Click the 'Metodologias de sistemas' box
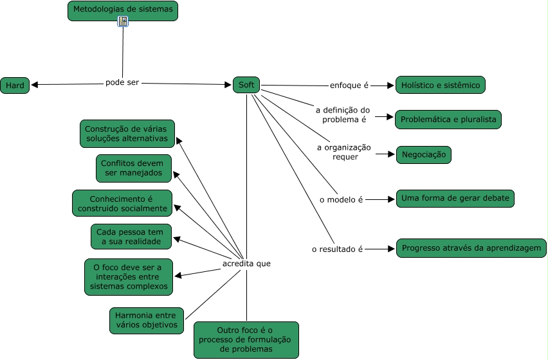point(122,10)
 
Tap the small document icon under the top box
point(123,22)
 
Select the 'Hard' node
point(15,85)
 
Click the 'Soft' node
point(246,85)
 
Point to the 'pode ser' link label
point(122,82)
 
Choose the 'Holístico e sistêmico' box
point(441,85)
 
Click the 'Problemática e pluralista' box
point(448,120)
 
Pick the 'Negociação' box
point(423,155)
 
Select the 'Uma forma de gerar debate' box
point(455,199)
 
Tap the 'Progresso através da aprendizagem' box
point(471,248)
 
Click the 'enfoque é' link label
point(349,85)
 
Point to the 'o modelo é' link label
point(342,200)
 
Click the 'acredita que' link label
point(246,264)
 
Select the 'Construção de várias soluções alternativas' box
point(127,134)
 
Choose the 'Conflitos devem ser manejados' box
point(134,168)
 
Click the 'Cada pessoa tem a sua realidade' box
point(131,237)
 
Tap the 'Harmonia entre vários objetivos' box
point(147,320)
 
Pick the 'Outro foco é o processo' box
point(246,339)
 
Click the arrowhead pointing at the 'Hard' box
point(35,85)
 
